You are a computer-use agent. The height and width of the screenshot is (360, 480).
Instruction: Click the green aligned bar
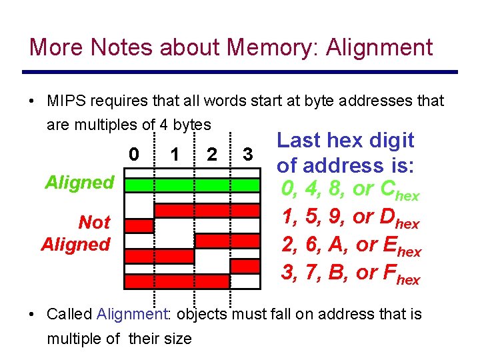point(193,185)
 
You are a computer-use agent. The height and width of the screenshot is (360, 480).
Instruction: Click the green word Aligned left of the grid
point(79,183)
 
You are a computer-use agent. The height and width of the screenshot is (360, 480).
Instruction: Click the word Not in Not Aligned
point(94,222)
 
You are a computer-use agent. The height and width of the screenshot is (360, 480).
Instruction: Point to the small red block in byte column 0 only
point(139,226)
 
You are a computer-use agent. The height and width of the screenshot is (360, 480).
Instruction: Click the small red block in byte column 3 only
point(244,266)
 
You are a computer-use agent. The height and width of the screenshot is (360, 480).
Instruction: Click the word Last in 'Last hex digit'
point(299,141)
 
